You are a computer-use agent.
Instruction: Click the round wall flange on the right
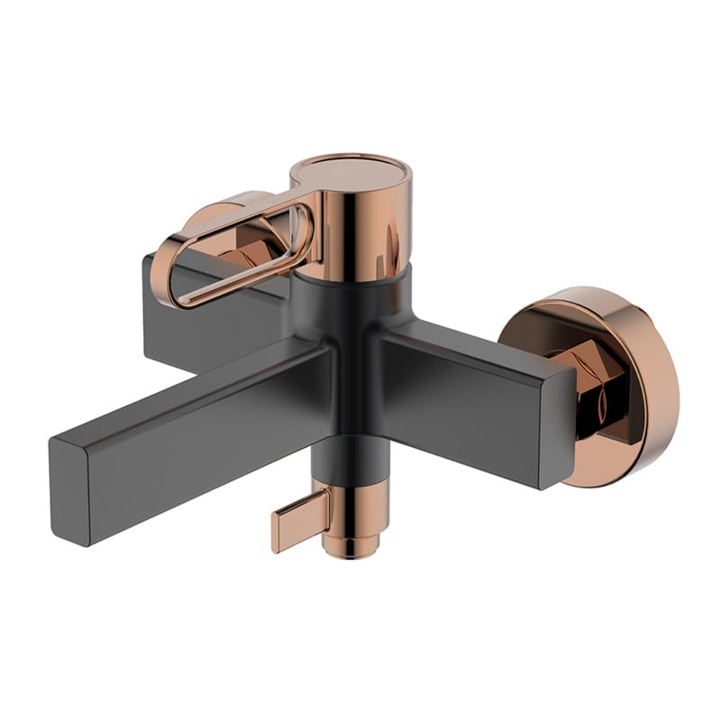[595, 383]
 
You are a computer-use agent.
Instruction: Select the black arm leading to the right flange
[469, 379]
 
